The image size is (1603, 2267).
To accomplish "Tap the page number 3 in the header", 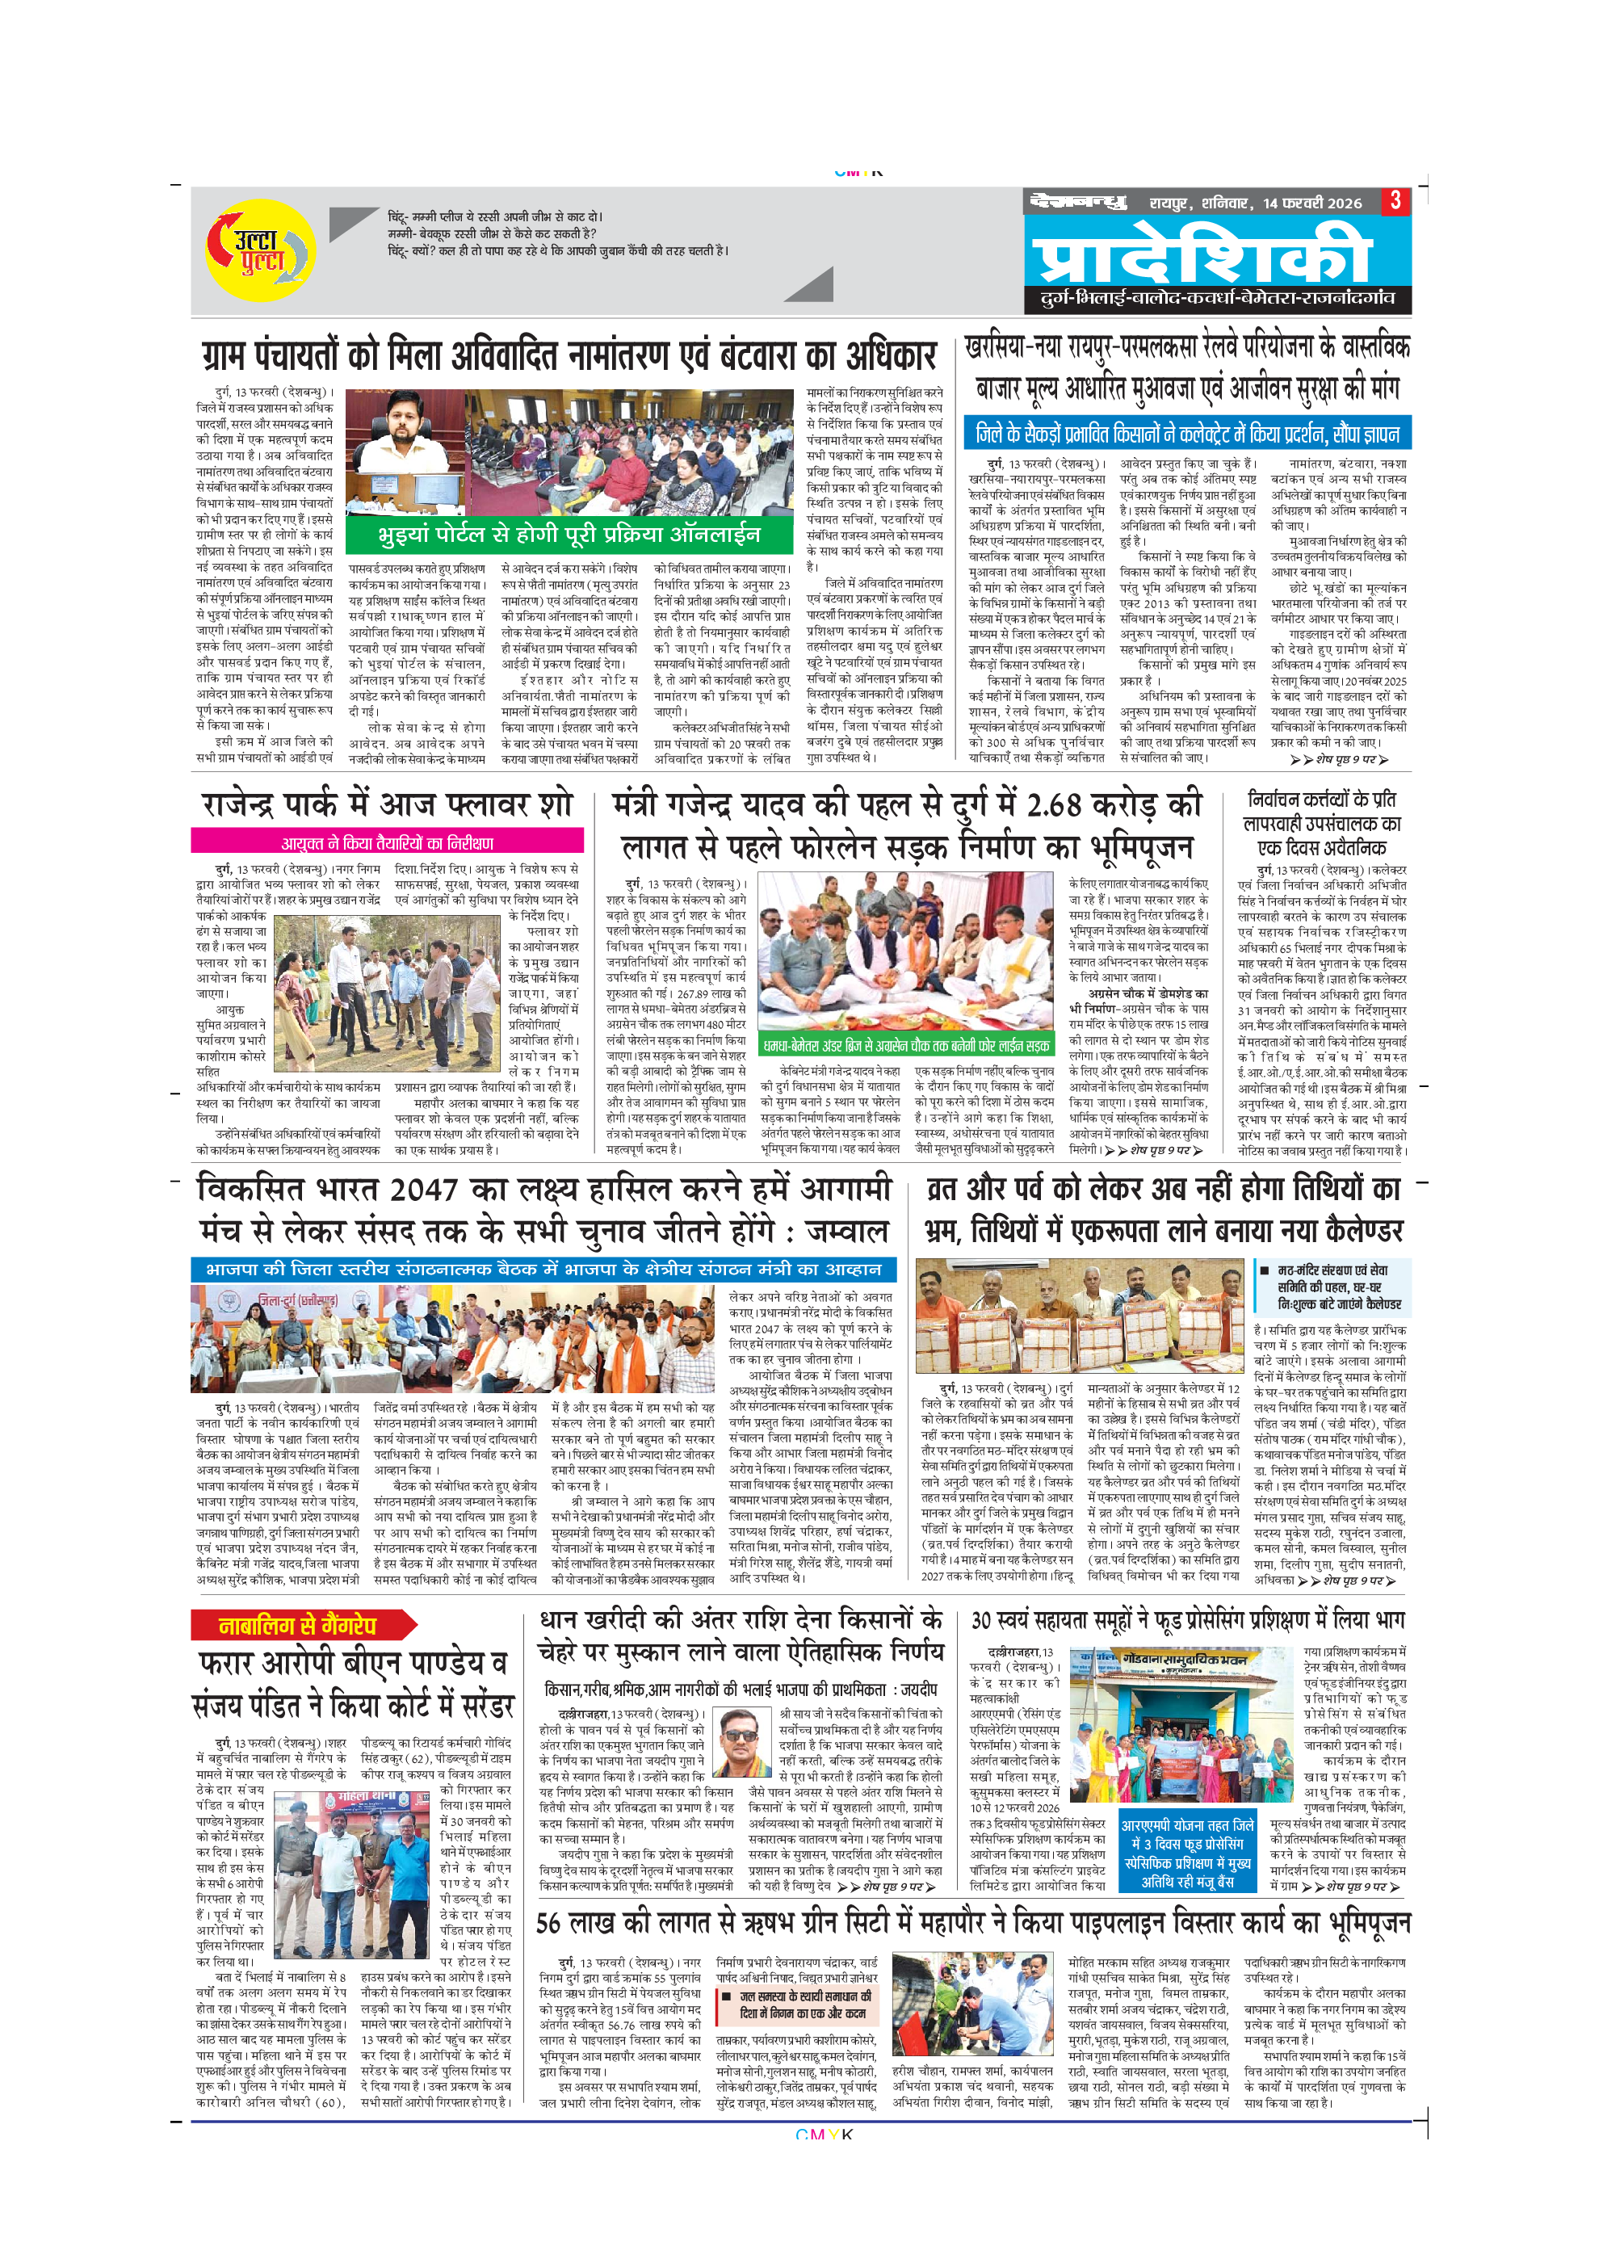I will [1395, 200].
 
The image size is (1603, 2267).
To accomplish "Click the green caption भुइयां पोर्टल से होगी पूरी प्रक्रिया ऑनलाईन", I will [569, 534].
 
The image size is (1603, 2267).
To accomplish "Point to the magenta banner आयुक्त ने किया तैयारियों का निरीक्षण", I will [387, 842].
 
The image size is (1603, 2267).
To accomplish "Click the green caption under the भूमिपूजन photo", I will [905, 1044].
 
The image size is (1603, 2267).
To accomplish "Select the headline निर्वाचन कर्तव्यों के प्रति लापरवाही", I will [1322, 822].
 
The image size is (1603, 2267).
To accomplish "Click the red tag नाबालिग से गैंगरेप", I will [298, 1624].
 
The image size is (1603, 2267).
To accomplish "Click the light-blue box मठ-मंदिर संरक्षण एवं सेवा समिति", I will [1332, 1287].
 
